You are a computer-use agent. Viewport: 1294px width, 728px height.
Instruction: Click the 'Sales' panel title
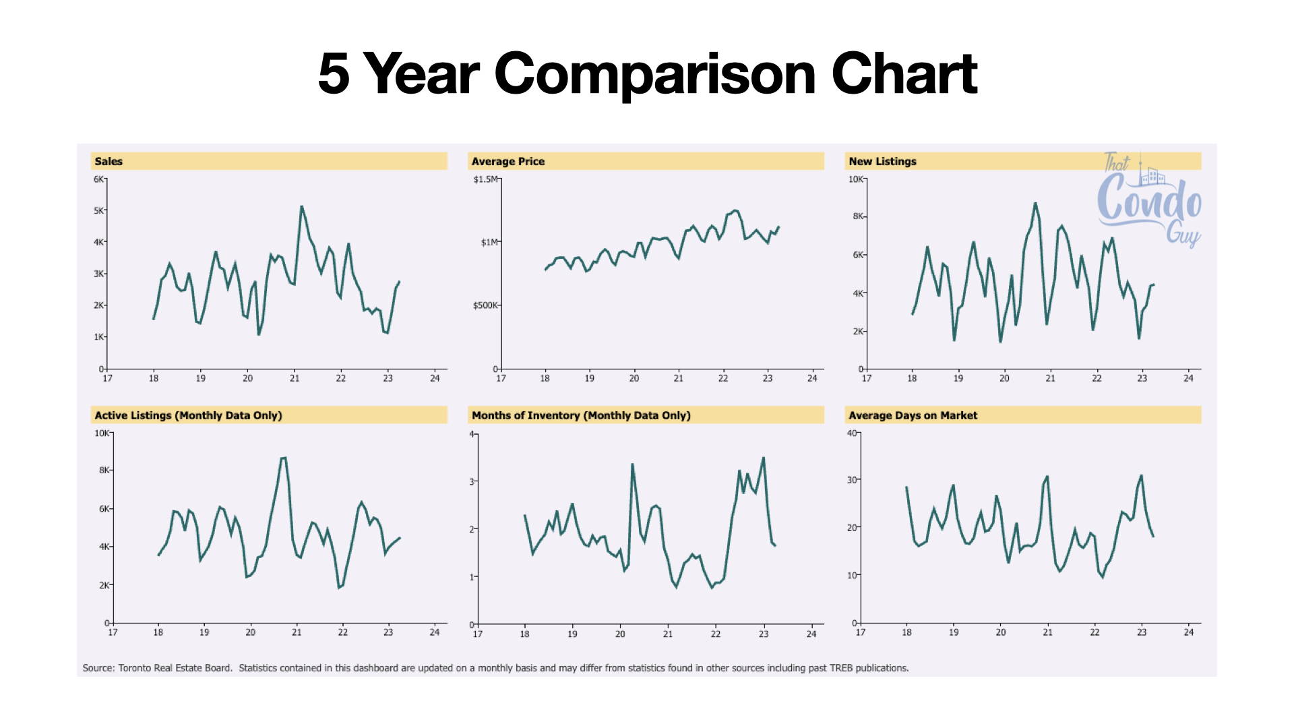tap(109, 161)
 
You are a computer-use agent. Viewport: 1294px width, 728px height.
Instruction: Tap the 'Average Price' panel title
tap(508, 161)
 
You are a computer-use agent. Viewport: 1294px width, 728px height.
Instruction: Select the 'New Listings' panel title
tap(882, 161)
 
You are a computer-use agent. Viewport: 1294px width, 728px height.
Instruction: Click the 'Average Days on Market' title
tap(913, 415)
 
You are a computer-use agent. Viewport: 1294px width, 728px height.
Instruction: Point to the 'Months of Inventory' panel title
tap(581, 415)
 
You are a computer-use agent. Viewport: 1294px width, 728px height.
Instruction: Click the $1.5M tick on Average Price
tap(485, 179)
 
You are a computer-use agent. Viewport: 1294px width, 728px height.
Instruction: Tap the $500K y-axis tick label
tap(485, 305)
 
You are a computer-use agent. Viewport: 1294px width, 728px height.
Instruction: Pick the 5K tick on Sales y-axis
tap(98, 210)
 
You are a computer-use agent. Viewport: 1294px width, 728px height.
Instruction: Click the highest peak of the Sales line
tap(301, 206)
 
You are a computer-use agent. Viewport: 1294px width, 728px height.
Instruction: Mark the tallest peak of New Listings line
tap(1035, 203)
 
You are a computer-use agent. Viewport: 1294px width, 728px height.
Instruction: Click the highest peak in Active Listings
tap(284, 458)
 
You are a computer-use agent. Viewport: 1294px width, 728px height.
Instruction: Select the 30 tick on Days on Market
tap(852, 480)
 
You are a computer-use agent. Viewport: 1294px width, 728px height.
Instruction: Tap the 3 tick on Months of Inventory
tap(472, 481)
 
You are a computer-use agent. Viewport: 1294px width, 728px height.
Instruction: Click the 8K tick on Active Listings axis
tap(104, 470)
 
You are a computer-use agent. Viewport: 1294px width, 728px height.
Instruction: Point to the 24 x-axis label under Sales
tap(435, 378)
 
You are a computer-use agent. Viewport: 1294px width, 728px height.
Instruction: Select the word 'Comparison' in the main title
tap(655, 74)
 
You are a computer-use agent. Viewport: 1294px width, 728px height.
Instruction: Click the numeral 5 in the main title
tap(334, 73)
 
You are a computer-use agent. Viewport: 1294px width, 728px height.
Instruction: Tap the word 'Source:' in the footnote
tap(98, 668)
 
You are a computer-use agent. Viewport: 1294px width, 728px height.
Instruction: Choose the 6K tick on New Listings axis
tap(858, 255)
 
